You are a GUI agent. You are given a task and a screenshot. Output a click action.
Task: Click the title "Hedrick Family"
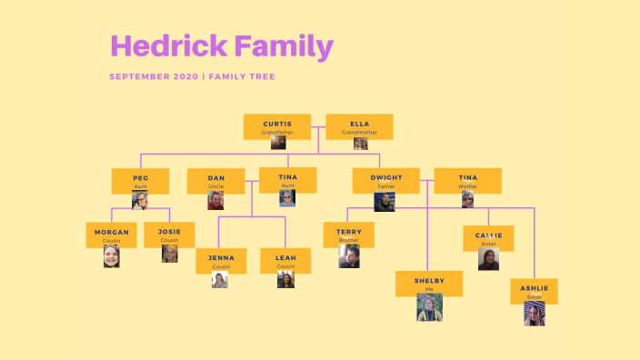[221, 46]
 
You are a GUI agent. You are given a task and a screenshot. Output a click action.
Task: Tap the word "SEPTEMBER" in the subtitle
[138, 76]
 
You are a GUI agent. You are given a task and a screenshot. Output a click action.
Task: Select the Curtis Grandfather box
[277, 126]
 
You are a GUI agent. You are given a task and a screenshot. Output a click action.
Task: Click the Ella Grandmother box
[359, 126]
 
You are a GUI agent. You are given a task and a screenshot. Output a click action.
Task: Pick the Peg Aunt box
[140, 180]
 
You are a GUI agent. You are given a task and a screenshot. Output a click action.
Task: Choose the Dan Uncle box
[215, 180]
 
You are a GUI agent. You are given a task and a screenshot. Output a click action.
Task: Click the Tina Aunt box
[287, 180]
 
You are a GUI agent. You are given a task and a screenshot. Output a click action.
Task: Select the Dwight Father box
[385, 180]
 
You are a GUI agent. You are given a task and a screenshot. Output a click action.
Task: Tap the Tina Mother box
[467, 180]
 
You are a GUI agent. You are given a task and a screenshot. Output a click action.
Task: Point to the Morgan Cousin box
[111, 235]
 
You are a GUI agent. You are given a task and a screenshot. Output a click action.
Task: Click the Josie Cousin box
[170, 235]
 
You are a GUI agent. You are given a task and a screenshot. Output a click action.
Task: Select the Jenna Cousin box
[221, 261]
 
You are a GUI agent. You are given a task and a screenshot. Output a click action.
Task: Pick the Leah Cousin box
[285, 261]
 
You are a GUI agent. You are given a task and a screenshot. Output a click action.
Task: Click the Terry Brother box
[348, 235]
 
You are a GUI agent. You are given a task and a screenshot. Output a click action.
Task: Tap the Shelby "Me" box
[429, 284]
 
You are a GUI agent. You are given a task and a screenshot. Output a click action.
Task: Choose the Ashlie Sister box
[534, 291]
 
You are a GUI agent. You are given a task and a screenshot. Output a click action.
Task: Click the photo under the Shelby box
[429, 308]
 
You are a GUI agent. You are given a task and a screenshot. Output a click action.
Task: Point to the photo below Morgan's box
[111, 256]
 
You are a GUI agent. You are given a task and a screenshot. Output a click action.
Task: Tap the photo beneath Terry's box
[348, 256]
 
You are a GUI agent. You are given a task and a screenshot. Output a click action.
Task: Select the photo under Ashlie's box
[534, 315]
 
